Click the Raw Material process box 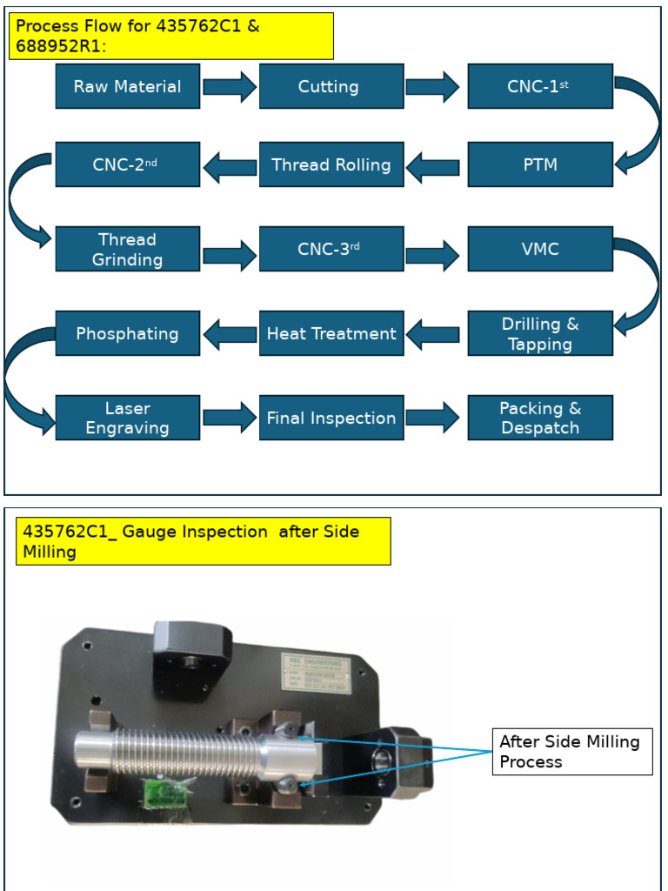[x=127, y=86]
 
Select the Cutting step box [x=331, y=86]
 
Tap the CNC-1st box [x=539, y=86]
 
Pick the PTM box [x=539, y=164]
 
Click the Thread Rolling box [x=331, y=164]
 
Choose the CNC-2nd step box [x=127, y=164]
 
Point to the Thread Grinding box [x=127, y=249]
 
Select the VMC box [x=539, y=249]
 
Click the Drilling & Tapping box [x=539, y=333]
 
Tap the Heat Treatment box [x=331, y=333]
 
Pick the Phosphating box [x=127, y=333]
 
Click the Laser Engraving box [x=127, y=418]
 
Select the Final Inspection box [x=331, y=418]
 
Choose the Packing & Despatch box [x=539, y=418]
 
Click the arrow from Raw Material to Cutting [x=230, y=86]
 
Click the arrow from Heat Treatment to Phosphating [x=230, y=333]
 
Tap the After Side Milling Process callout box [x=571, y=752]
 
